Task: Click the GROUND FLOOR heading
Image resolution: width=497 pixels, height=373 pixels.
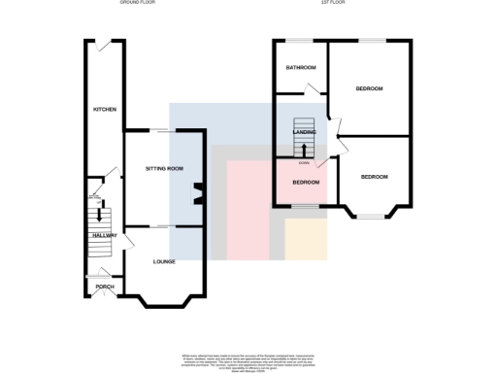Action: [137, 4]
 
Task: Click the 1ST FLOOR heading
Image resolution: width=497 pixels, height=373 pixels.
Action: [335, 4]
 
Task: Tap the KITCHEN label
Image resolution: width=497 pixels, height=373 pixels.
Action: [104, 110]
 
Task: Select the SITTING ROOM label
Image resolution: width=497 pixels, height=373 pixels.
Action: [164, 169]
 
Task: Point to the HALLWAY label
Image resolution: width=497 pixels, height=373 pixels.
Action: [104, 235]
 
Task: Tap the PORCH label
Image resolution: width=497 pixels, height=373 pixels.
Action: [104, 288]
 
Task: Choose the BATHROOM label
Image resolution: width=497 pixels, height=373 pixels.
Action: [300, 68]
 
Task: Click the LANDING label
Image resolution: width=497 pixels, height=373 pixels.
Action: [306, 145]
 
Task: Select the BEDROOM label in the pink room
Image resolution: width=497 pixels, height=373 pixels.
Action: [306, 182]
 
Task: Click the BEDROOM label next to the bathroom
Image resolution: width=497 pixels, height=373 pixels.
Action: [369, 88]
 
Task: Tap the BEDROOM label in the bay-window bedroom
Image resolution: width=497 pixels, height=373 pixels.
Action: [375, 177]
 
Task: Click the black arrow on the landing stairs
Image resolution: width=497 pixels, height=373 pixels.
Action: [306, 148]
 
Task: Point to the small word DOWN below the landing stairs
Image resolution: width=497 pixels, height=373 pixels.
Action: [305, 164]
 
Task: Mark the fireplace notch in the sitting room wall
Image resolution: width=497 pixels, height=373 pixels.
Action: [198, 192]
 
